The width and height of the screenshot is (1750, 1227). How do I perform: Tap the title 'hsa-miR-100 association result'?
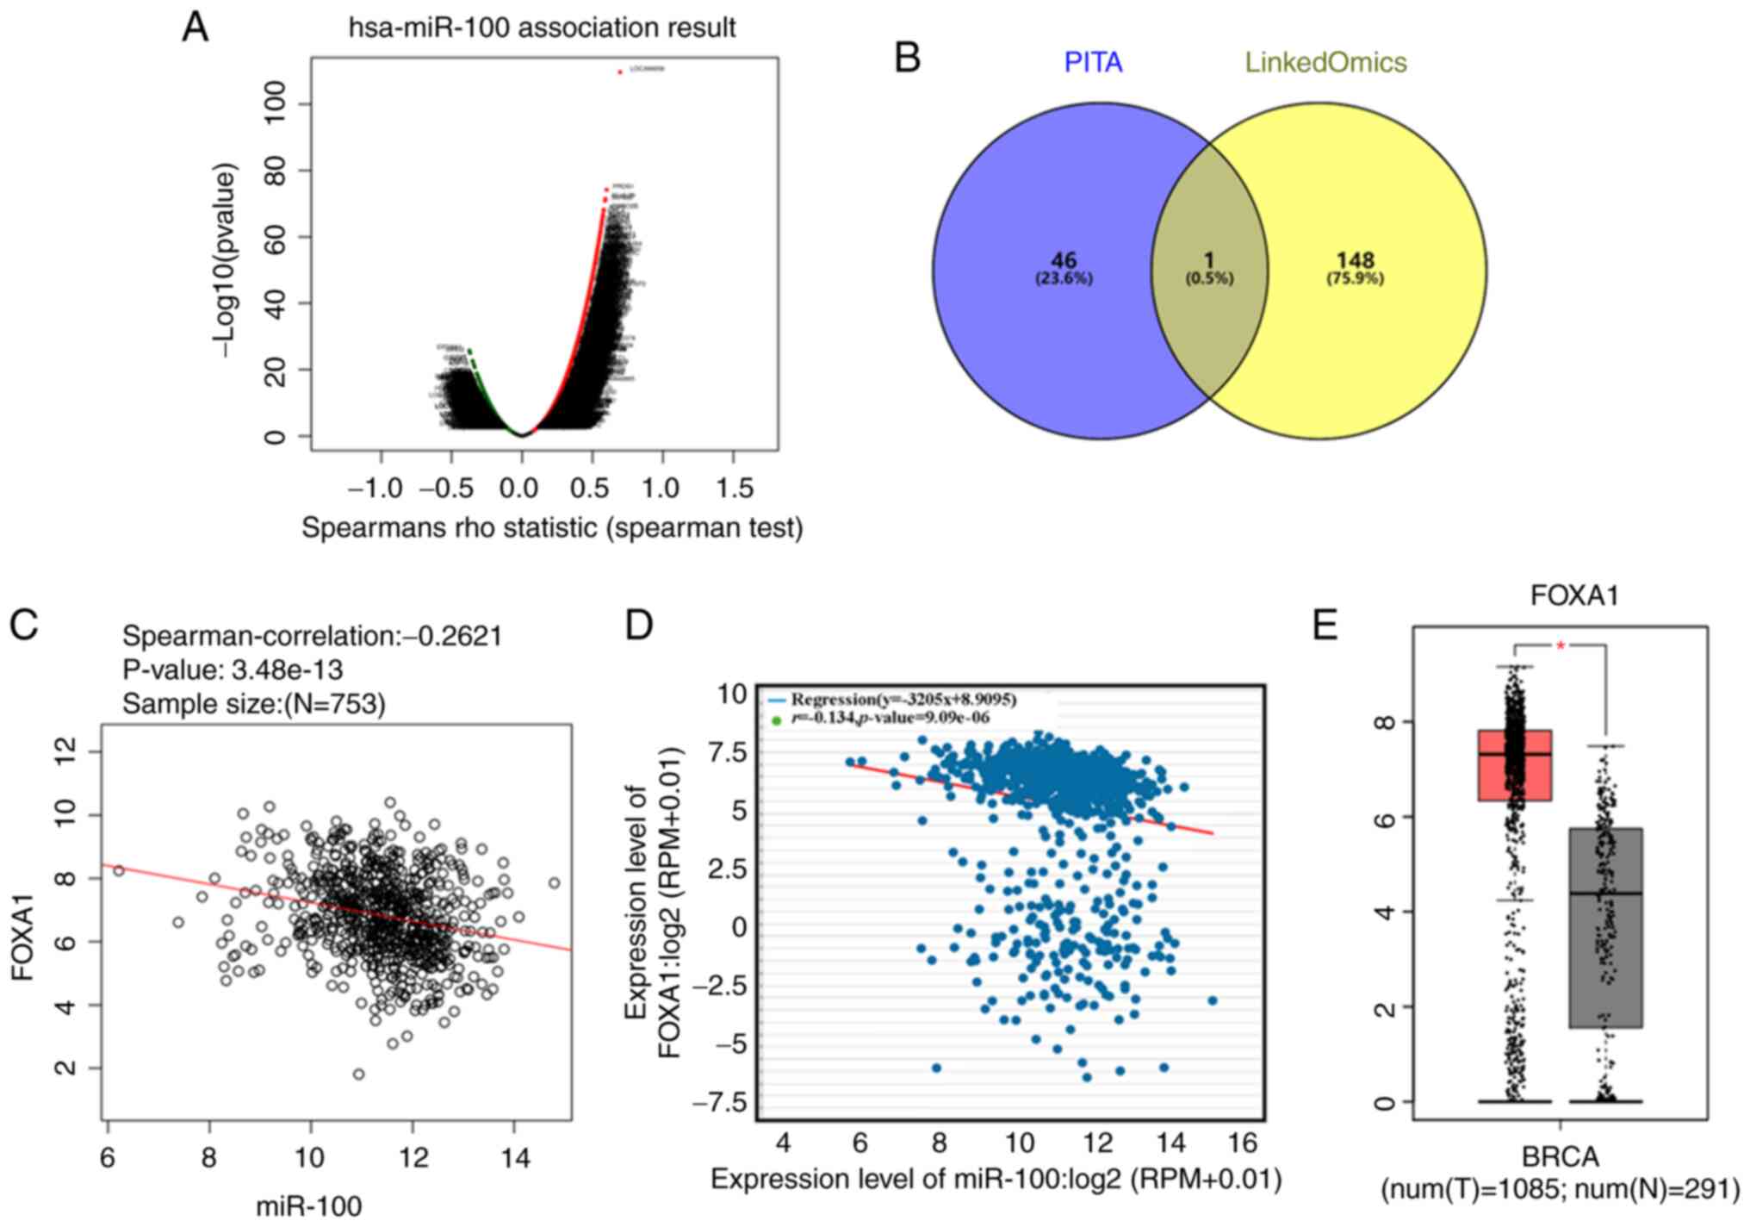point(542,28)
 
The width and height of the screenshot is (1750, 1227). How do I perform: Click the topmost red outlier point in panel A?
point(620,72)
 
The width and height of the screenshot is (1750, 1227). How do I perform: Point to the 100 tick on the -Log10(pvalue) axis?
point(275,104)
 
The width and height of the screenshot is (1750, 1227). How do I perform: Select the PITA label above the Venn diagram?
point(1093,62)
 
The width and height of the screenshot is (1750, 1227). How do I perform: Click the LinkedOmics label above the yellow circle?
point(1325,62)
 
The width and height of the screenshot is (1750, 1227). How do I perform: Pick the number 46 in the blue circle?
point(1064,260)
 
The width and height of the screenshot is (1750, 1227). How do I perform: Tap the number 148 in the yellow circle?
point(1355,260)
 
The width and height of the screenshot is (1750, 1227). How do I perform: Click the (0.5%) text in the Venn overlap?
point(1209,278)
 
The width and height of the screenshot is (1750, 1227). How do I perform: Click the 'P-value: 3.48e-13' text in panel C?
point(233,670)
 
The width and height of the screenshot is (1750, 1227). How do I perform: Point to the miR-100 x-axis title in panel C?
point(308,1205)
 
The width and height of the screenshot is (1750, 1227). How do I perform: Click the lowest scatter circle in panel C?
point(358,1074)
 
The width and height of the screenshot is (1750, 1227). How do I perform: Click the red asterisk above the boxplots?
point(1561,645)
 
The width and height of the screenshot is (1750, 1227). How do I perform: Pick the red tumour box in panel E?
point(1515,765)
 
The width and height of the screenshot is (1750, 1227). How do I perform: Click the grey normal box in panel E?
point(1606,927)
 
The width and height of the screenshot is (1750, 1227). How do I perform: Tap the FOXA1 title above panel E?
point(1574,595)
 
